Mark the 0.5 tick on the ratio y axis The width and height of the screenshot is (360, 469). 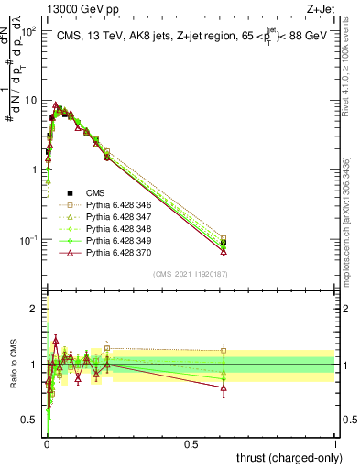[x=33, y=420]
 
